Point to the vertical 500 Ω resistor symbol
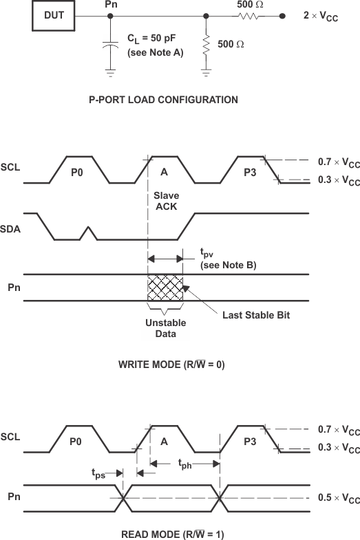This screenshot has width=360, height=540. (x=206, y=46)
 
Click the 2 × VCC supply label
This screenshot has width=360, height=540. (x=321, y=16)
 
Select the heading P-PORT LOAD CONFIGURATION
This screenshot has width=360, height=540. (x=164, y=100)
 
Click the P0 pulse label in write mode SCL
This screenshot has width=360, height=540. (x=77, y=173)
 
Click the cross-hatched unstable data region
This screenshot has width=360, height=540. (x=165, y=287)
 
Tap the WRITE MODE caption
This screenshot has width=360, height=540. (x=171, y=365)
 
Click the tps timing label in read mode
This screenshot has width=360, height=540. (x=99, y=473)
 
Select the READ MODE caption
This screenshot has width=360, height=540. (x=170, y=534)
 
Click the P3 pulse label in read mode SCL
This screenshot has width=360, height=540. (x=249, y=442)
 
